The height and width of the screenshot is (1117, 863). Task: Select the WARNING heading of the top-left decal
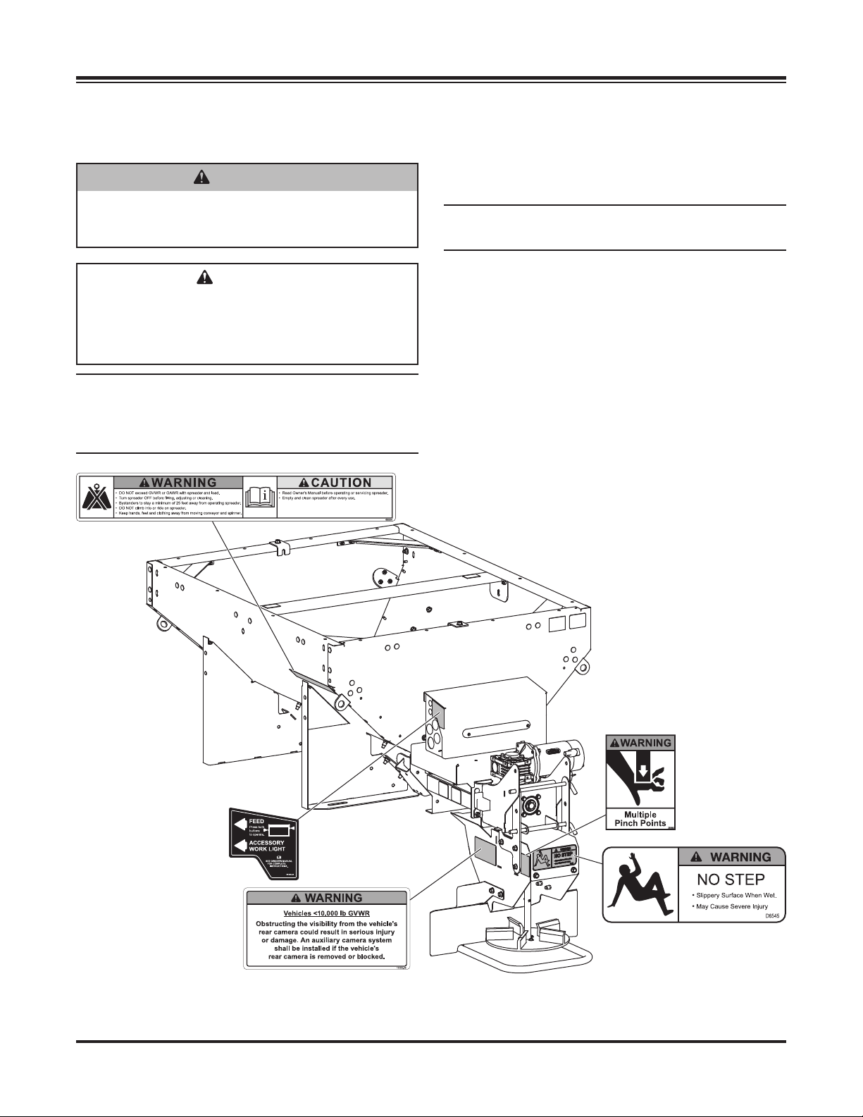(x=179, y=483)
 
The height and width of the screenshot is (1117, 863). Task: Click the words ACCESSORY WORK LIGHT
(x=267, y=846)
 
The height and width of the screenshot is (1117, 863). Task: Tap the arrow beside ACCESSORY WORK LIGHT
(x=240, y=846)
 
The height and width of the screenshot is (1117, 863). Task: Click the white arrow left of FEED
(x=240, y=824)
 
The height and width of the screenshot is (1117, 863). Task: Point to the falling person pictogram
(x=640, y=883)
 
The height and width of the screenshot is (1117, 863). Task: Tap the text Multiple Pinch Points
(x=640, y=818)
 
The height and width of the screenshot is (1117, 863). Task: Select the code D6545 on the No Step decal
(x=773, y=916)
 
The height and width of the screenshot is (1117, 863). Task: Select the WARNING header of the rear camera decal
(x=325, y=898)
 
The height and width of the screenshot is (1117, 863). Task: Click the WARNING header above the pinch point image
(x=640, y=742)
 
